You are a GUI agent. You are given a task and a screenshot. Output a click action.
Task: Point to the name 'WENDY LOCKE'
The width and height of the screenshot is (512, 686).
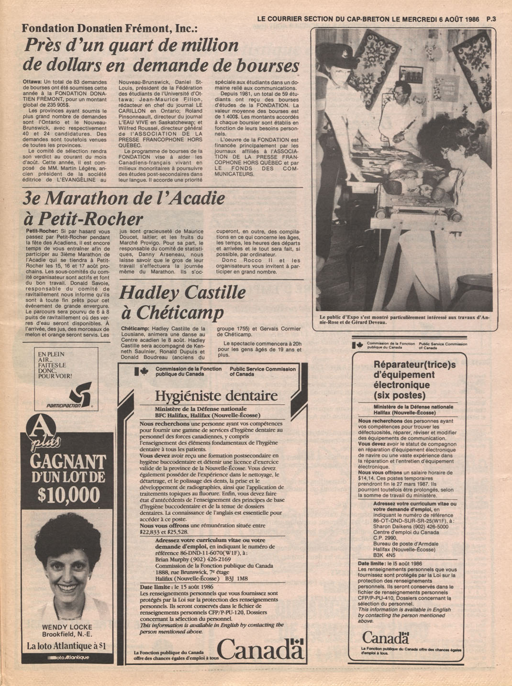tap(67, 627)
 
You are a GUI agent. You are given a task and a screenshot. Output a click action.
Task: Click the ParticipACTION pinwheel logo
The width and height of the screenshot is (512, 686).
tap(79, 394)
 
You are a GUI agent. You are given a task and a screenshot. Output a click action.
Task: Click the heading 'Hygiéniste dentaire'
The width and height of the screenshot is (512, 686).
tap(216, 396)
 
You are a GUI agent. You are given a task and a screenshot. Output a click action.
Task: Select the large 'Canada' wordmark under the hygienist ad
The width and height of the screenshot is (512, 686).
tap(260, 649)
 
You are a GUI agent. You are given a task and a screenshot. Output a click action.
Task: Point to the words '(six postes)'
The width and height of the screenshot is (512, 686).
tap(400, 396)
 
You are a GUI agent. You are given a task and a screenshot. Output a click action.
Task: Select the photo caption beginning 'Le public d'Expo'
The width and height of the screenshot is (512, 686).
tap(404, 320)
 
